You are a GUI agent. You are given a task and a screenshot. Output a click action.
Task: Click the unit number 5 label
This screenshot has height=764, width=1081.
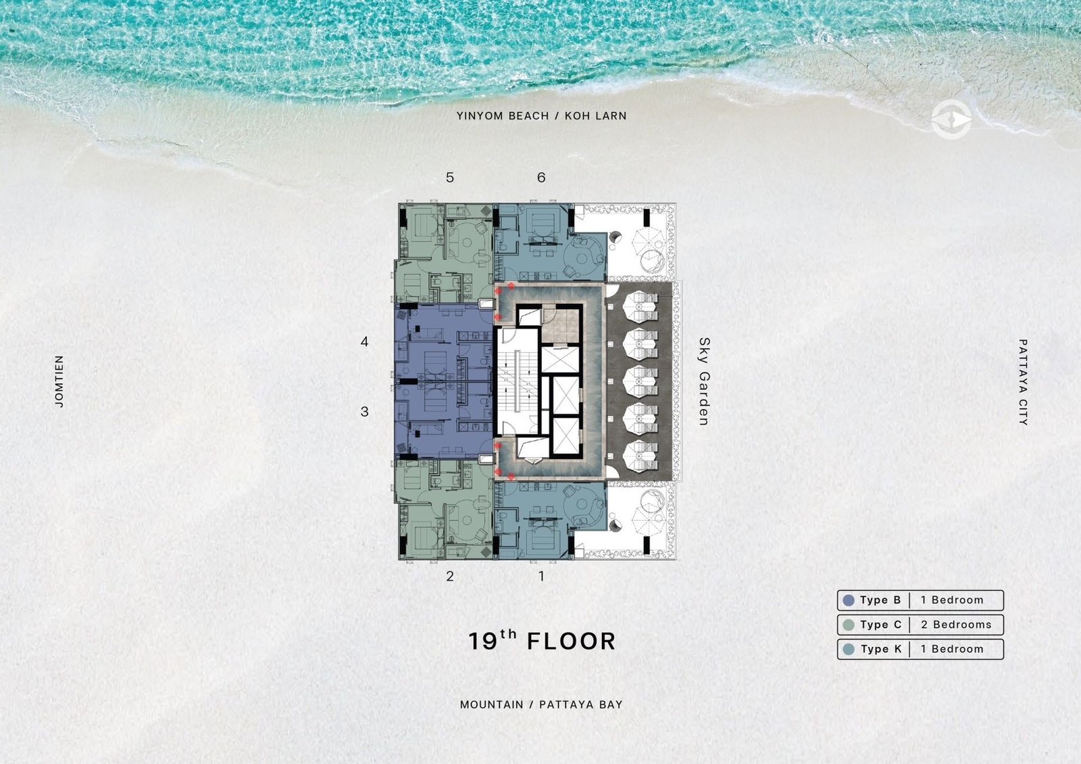[x=450, y=178]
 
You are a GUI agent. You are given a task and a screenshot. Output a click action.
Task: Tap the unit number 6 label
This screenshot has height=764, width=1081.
[x=541, y=178]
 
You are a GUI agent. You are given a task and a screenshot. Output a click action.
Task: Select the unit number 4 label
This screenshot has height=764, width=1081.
[x=364, y=342]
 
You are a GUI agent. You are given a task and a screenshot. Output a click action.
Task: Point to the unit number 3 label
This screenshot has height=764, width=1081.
[x=364, y=412]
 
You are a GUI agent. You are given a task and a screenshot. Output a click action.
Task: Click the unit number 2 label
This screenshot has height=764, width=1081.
[x=450, y=576]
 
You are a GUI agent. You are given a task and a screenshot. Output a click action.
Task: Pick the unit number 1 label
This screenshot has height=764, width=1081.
[x=541, y=576]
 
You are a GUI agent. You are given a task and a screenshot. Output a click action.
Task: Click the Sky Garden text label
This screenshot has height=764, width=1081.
[x=704, y=381]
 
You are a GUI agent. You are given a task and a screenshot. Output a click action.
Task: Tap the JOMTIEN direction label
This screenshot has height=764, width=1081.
[x=59, y=381]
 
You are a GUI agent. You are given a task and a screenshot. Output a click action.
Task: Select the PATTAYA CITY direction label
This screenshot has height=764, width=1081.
[x=1023, y=382]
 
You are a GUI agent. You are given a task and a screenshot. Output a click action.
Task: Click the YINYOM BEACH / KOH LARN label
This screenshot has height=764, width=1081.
[x=541, y=116]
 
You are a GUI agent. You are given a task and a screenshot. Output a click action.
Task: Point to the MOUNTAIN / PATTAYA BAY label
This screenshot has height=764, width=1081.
[x=541, y=705]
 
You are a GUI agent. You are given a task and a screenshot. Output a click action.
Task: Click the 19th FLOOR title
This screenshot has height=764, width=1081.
[x=542, y=640]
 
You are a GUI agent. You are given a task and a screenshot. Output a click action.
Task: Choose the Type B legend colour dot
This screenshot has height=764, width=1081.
[x=849, y=600]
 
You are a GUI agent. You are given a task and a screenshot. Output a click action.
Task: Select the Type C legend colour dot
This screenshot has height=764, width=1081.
[x=849, y=625]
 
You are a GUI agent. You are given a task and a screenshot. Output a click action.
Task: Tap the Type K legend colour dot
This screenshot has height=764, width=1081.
[x=849, y=649]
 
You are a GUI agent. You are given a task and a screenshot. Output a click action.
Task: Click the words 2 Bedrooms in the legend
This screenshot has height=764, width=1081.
[x=956, y=625]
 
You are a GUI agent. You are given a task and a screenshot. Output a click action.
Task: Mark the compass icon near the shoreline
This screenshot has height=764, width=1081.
[x=951, y=120]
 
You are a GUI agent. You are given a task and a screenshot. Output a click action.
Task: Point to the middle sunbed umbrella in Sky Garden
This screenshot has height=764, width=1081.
[x=640, y=381]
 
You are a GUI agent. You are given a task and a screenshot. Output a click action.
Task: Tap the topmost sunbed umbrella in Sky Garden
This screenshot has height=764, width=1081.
[x=640, y=307]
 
